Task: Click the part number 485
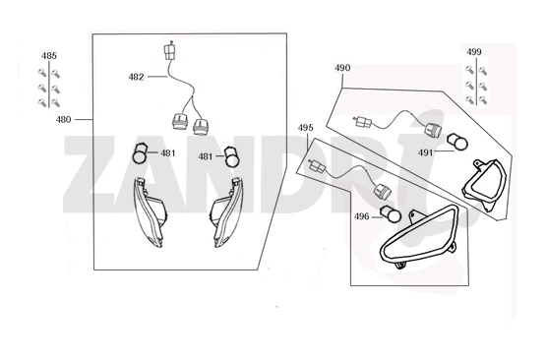tap(49, 56)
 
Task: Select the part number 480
tap(63, 119)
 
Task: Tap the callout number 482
tap(136, 77)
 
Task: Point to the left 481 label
tap(168, 153)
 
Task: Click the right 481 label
tap(206, 157)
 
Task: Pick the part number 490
tap(342, 68)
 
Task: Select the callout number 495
tap(305, 128)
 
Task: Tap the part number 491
tap(426, 152)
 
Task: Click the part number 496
tap(361, 216)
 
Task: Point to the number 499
tap(474, 52)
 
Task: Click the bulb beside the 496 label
tap(391, 213)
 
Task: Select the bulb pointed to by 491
tap(457, 142)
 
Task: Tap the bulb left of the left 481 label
tap(141, 153)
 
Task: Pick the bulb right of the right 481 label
tap(230, 156)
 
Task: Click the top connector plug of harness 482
tap(169, 51)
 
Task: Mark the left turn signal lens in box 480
tap(149, 212)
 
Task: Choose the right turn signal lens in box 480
tap(226, 212)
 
